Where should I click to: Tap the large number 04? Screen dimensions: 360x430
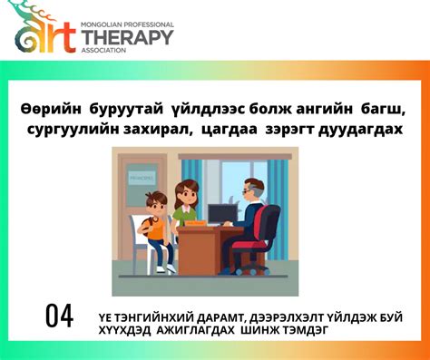[59, 316]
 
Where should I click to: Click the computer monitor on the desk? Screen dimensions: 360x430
[221, 213]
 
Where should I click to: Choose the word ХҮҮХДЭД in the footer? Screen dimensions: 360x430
[125, 331]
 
